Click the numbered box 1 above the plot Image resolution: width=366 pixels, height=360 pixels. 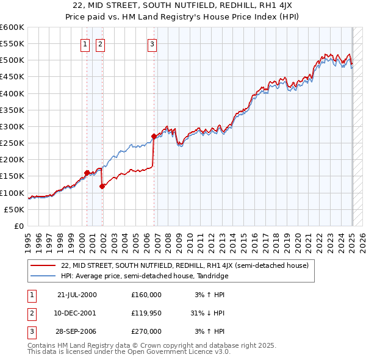84,43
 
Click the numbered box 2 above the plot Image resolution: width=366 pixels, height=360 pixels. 99,43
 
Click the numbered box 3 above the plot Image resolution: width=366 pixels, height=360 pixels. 151,43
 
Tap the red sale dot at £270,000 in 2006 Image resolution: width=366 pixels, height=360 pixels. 154,137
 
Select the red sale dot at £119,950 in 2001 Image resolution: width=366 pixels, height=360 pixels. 102,186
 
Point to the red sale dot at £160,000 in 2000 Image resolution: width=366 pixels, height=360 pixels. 87,173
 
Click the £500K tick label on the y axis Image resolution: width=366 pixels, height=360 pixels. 12,60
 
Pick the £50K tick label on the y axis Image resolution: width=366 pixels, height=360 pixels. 15,209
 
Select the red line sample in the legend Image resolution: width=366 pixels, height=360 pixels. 43,266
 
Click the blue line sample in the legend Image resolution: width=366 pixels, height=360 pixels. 43,276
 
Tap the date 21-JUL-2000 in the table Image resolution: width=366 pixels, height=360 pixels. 77,295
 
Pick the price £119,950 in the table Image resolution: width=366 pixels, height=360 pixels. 146,313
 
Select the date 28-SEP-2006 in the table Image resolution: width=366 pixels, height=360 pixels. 77,331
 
